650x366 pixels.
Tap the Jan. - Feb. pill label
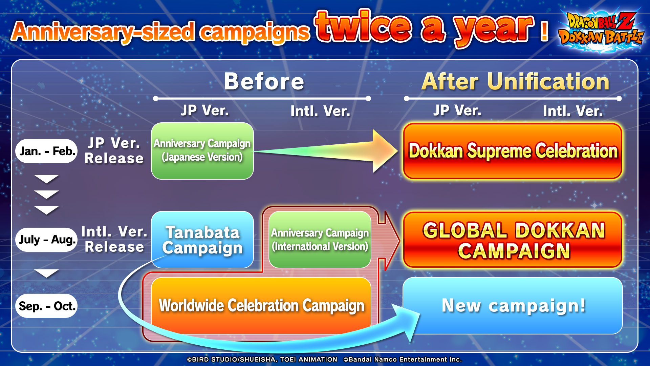point(46,151)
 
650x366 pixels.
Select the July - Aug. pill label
point(46,240)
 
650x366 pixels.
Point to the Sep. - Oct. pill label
point(46,306)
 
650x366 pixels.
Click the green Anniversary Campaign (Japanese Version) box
point(202,151)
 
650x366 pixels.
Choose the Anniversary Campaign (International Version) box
point(320,240)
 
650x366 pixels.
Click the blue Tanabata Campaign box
point(202,240)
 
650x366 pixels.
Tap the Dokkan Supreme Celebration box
point(513,151)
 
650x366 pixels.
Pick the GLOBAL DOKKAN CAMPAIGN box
point(513,240)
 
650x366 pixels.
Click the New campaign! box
point(513,306)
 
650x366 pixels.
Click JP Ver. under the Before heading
point(205,110)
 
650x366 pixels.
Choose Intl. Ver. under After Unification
point(573,111)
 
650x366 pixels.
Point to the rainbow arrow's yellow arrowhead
point(384,151)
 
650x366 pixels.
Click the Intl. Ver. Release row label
point(114,239)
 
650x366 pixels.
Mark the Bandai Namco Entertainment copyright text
point(403,360)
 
